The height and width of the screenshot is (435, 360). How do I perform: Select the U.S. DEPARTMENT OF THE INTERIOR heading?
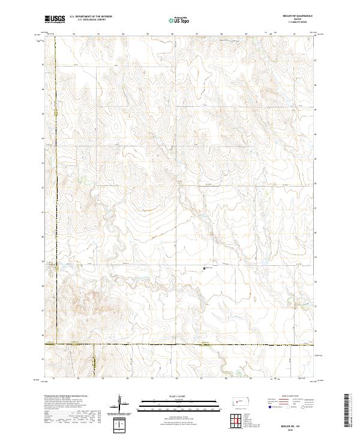tap(91, 16)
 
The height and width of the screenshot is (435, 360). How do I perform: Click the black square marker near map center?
tap(205, 268)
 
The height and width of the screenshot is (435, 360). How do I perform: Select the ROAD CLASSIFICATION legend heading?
tap(288, 397)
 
